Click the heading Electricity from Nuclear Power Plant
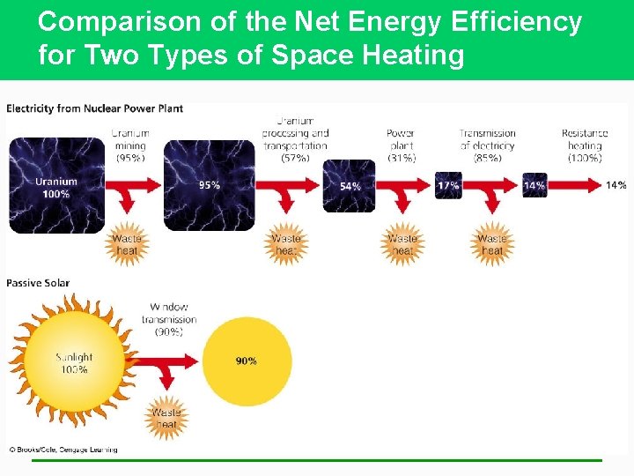(94, 108)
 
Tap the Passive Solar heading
(38, 283)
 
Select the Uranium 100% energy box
(56, 186)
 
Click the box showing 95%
(210, 186)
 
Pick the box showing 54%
(349, 186)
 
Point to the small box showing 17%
(448, 186)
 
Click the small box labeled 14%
(534, 186)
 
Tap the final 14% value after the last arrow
(616, 185)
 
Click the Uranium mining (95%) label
(130, 145)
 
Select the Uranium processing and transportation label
(296, 139)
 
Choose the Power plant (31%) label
(401, 145)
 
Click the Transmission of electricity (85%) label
(487, 145)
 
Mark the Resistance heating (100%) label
(585, 145)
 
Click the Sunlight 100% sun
(73, 362)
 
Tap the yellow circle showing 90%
(247, 361)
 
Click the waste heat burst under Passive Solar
(166, 418)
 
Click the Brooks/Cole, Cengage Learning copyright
(63, 450)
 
